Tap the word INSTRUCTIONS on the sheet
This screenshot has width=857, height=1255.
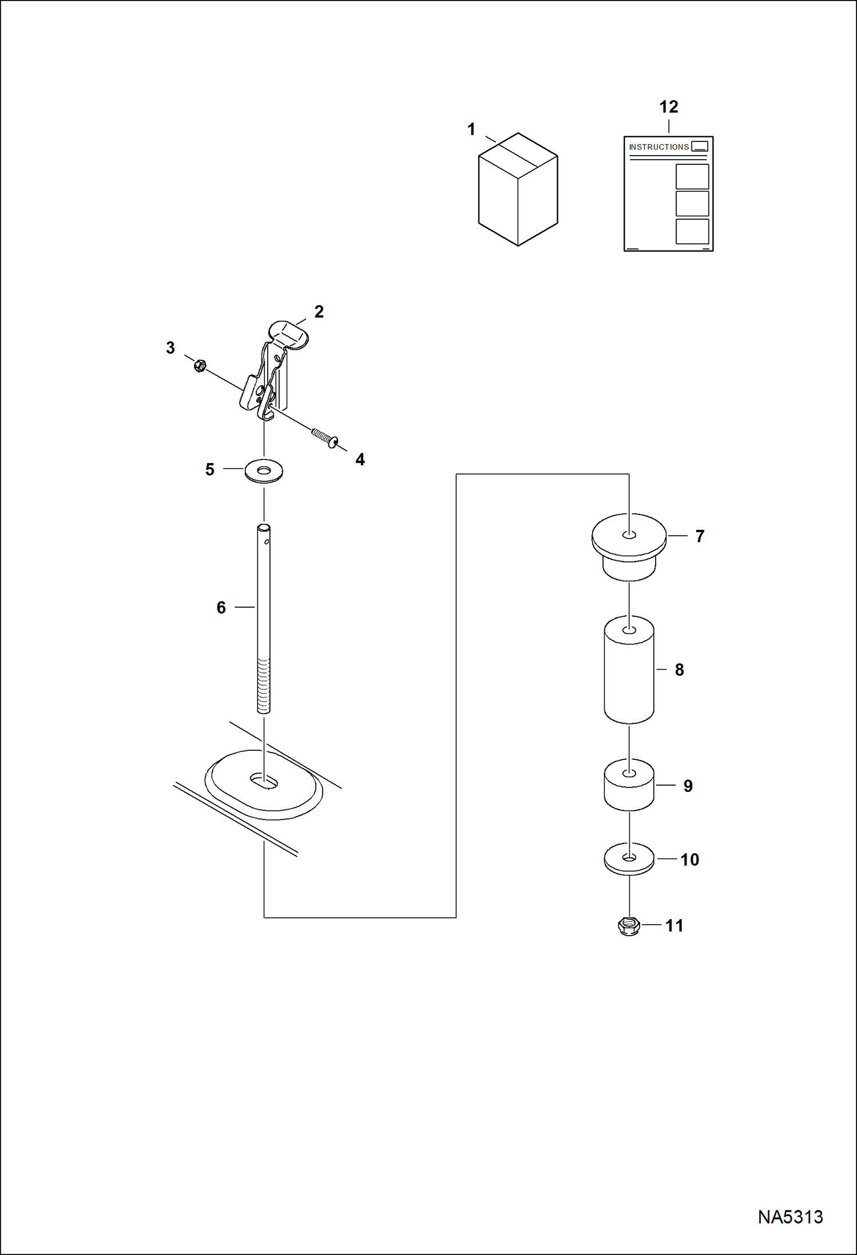[x=658, y=147]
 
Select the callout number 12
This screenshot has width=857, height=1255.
[x=668, y=107]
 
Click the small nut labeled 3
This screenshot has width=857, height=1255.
[x=200, y=365]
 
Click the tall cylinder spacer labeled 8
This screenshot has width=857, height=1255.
[x=629, y=670]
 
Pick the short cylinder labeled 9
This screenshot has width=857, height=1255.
[x=629, y=785]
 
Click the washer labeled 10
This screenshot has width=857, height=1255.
[x=629, y=859]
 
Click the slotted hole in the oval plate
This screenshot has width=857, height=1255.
[x=264, y=781]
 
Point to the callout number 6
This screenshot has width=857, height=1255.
[x=221, y=608]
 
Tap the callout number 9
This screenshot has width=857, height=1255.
[x=688, y=786]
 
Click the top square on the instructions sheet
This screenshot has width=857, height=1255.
[x=692, y=176]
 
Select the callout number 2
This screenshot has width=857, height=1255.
[x=319, y=312]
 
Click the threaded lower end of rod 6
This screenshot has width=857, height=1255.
[x=264, y=685]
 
